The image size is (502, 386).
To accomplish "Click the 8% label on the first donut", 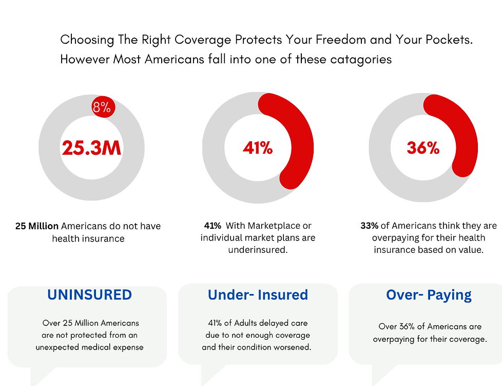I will click(x=102, y=107).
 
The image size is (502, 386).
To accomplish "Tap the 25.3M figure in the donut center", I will click(x=92, y=148).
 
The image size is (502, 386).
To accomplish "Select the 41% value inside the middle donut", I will click(x=258, y=148).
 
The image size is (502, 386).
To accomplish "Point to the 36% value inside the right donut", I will click(x=423, y=148).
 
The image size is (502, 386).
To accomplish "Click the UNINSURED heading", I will click(x=89, y=295).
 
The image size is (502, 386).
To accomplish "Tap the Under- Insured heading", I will click(x=258, y=295).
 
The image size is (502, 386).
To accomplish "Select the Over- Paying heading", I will click(x=429, y=295).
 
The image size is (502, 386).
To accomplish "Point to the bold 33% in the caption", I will click(x=370, y=226).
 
